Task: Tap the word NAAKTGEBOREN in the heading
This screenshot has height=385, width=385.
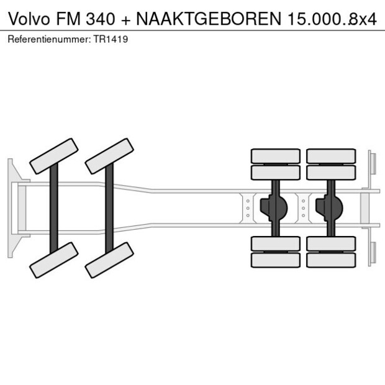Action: pos(209,18)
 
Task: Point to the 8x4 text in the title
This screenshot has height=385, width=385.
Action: pos(361,18)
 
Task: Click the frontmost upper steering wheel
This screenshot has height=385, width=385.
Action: pos(54,156)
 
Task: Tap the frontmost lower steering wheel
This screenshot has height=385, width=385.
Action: pos(54,260)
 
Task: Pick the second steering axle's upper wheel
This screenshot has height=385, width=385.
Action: pos(110,156)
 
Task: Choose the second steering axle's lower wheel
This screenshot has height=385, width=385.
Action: pos(110,260)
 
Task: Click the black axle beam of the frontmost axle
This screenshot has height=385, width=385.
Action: pos(54,207)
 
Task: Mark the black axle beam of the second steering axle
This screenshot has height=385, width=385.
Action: pos(110,207)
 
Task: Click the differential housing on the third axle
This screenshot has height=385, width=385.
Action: pos(274,207)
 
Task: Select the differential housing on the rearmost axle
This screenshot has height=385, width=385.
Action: pos(329,207)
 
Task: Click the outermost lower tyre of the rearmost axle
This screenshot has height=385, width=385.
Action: pos(330,260)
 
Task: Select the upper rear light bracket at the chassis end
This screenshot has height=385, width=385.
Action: pos(371,165)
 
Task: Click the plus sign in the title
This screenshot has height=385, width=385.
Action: pos(125,18)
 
